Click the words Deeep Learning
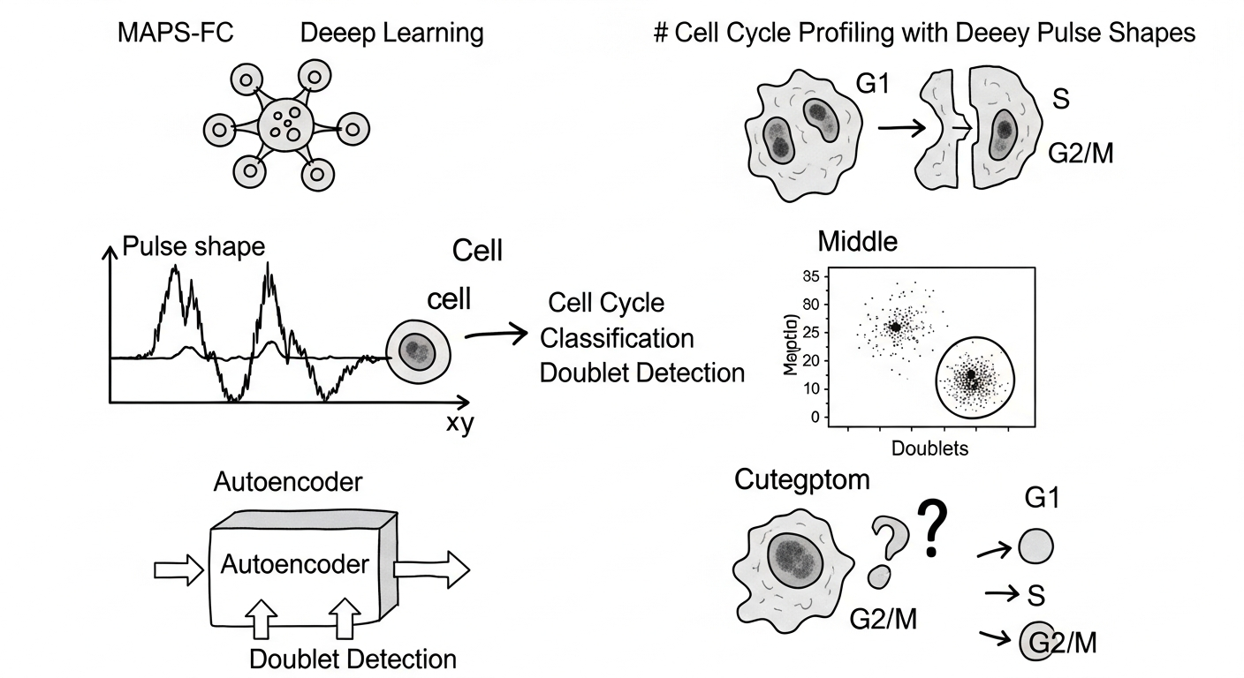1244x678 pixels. [391, 34]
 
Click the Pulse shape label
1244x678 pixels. [193, 246]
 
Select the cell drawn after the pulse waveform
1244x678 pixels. [419, 352]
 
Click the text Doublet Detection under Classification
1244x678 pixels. [641, 373]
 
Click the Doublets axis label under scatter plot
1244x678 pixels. [929, 448]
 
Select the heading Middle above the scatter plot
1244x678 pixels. [857, 240]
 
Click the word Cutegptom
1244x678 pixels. [801, 480]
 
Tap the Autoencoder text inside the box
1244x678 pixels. [294, 563]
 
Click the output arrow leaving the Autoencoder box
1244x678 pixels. [432, 569]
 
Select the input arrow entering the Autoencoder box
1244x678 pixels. [179, 570]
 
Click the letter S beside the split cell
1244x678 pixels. [1060, 99]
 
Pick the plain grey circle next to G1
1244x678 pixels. [1035, 546]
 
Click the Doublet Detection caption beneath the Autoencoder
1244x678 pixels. [353, 659]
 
